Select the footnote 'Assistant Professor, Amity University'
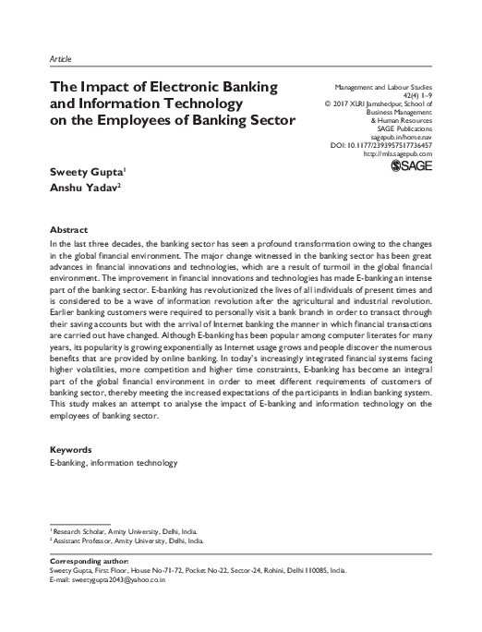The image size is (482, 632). [124, 541]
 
